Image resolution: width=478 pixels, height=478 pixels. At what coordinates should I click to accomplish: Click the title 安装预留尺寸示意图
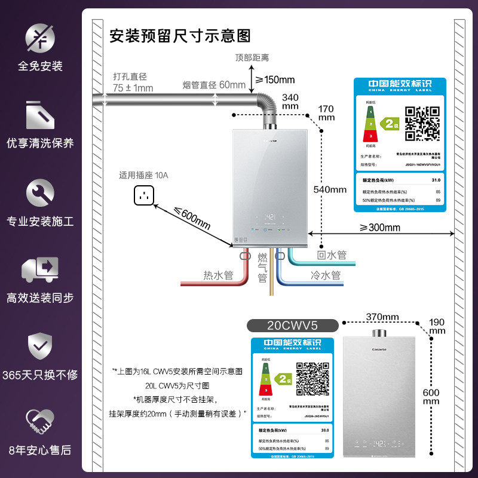[180, 36]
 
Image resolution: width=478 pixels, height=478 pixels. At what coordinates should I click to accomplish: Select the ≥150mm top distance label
[275, 80]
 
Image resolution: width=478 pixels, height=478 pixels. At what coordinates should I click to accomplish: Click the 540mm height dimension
[330, 189]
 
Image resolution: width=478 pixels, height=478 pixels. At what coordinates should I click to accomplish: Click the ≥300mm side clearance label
[380, 227]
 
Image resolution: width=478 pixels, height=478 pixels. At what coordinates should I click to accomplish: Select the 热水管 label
[218, 275]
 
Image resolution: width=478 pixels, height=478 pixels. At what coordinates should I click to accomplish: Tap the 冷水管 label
[326, 275]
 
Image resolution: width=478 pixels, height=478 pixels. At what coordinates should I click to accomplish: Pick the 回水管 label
[332, 255]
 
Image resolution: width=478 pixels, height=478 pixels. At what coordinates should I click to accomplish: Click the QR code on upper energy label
[422, 122]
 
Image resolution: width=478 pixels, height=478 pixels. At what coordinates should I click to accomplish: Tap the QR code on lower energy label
[314, 379]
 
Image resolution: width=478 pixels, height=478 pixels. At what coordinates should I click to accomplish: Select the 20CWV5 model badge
[293, 325]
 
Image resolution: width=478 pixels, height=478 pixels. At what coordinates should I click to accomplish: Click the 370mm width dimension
[382, 316]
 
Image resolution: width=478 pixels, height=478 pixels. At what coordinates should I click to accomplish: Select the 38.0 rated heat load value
[326, 430]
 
